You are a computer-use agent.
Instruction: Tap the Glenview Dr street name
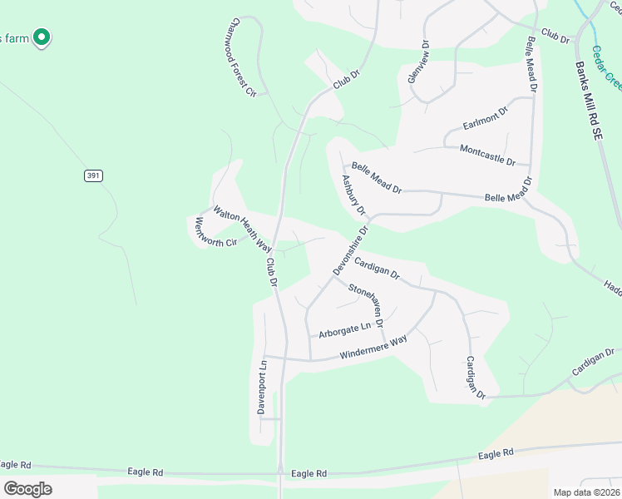click(x=418, y=62)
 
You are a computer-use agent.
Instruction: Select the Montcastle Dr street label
click(x=487, y=154)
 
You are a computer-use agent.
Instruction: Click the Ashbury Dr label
click(x=353, y=194)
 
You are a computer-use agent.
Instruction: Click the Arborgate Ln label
click(x=344, y=329)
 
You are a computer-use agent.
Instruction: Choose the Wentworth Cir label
click(x=215, y=232)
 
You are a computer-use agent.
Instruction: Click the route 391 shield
click(x=92, y=175)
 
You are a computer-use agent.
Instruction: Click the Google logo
click(x=27, y=488)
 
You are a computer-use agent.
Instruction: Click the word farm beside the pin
click(x=16, y=38)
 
